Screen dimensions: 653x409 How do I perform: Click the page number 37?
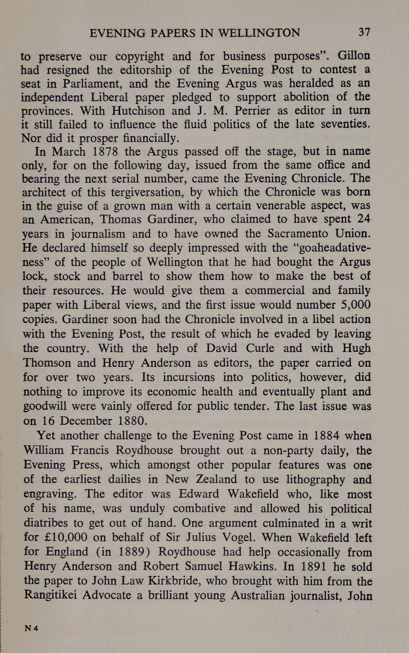point(364,32)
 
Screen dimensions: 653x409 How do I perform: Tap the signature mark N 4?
point(31,628)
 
